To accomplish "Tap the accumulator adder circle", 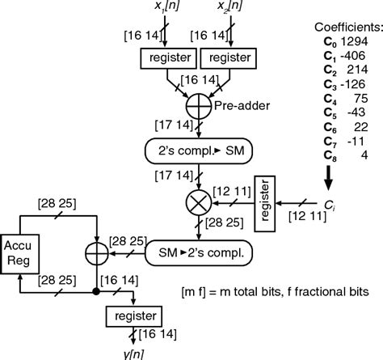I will coord(95,253).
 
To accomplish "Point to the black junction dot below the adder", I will coord(95,290).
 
